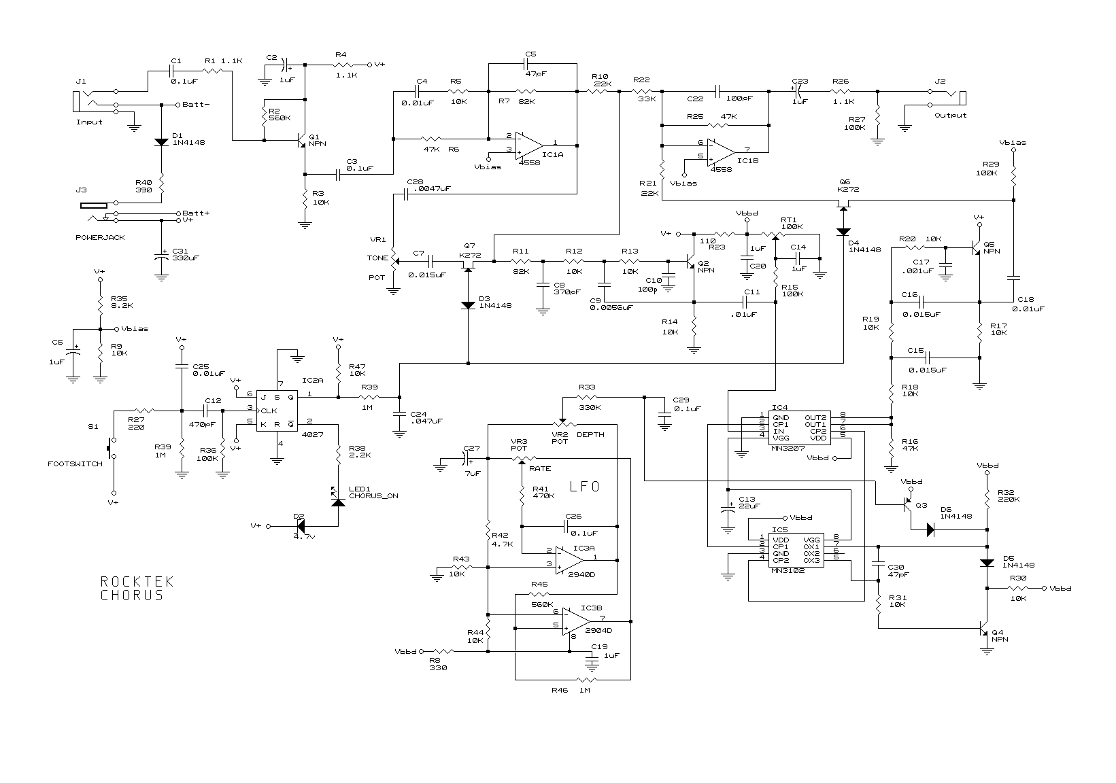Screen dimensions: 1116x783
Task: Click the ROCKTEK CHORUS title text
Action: point(137,589)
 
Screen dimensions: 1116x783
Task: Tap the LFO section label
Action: point(584,487)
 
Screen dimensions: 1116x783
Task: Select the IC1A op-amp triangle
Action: point(529,145)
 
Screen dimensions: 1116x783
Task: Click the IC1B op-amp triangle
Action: point(721,152)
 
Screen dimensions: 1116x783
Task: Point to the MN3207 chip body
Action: point(796,428)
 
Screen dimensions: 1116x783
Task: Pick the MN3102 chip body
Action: point(796,550)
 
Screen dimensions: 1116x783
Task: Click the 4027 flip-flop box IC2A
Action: point(277,411)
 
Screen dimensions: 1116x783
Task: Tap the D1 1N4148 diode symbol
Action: point(161,142)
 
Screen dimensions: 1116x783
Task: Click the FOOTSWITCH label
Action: point(75,464)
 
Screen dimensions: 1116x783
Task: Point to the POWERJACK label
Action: point(100,237)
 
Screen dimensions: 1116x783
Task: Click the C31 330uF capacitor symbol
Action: point(161,258)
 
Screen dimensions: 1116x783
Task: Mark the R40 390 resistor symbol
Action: point(161,184)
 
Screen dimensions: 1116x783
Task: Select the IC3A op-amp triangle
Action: point(569,561)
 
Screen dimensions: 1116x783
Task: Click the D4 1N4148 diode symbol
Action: point(843,232)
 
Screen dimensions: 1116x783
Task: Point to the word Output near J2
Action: point(950,116)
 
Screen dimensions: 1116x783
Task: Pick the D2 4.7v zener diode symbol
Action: point(300,526)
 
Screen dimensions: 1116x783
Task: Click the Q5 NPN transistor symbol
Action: point(977,247)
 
